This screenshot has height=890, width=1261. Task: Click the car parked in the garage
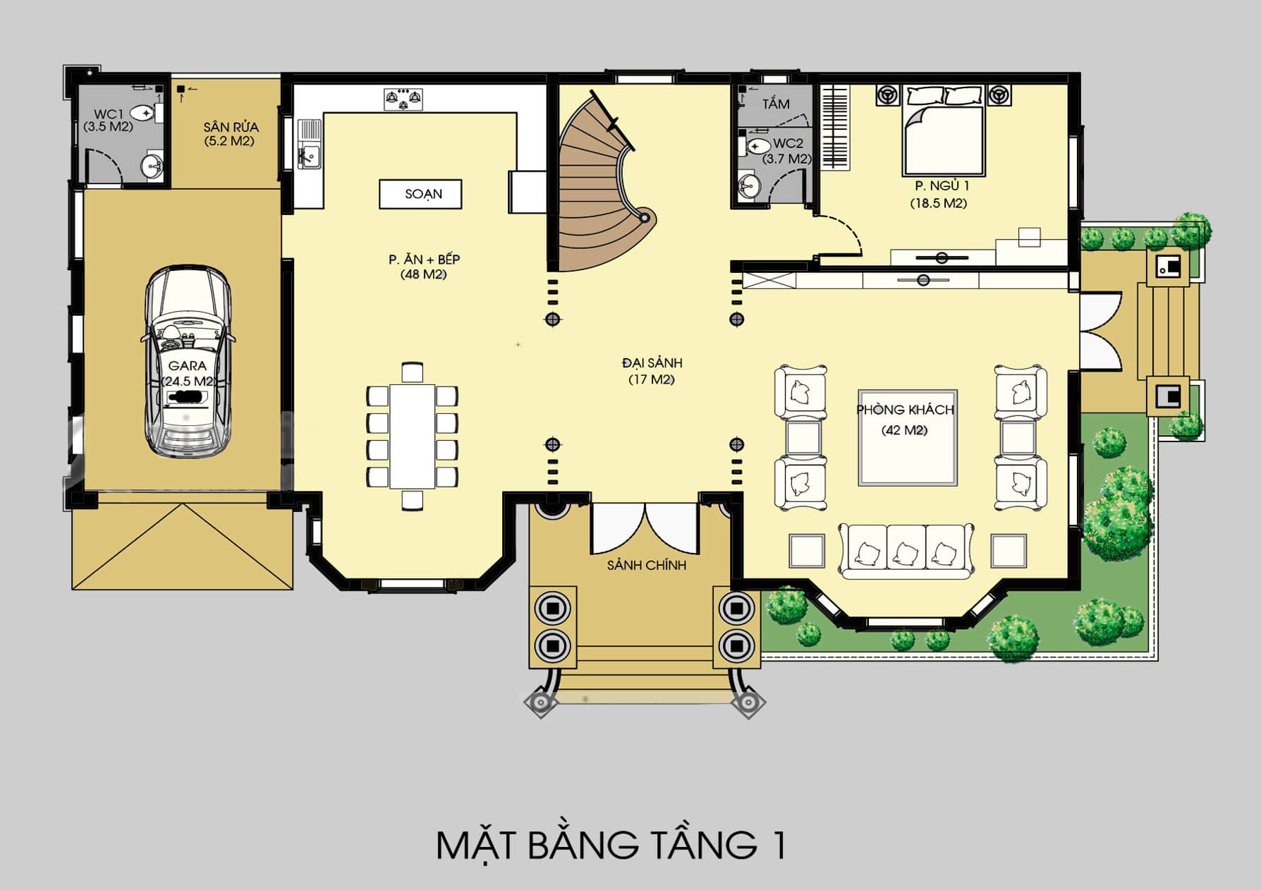[x=188, y=362]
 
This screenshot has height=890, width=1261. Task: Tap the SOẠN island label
[x=423, y=194]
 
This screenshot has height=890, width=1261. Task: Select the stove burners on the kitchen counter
[x=403, y=99]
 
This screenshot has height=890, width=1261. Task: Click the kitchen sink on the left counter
[x=309, y=144]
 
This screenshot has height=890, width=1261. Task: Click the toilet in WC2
[x=753, y=147]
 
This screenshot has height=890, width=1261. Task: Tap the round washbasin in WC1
[x=152, y=166]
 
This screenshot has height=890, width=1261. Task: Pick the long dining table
[x=413, y=436]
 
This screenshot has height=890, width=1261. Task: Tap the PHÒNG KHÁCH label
[x=906, y=410]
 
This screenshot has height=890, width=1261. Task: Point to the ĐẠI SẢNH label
[x=652, y=362]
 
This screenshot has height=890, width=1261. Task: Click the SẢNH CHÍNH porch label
[x=647, y=565]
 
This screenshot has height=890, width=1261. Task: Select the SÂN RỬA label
[x=231, y=127]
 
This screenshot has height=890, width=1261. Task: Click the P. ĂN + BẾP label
[x=424, y=259]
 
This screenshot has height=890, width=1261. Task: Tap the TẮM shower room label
[x=776, y=104]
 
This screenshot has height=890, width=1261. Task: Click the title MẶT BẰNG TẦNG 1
[x=611, y=845]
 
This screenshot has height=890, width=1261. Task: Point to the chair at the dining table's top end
[x=413, y=372]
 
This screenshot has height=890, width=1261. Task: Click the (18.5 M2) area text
[x=939, y=203]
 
